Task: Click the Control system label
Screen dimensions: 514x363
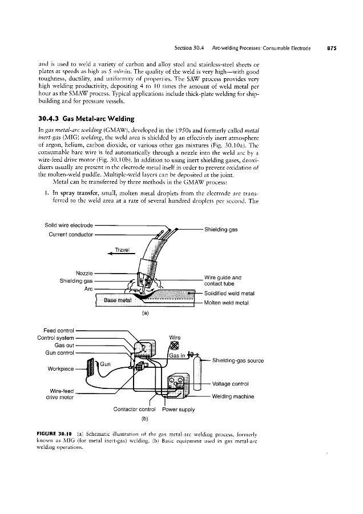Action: pos(56,337)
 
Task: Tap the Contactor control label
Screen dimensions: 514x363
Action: pos(135,409)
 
